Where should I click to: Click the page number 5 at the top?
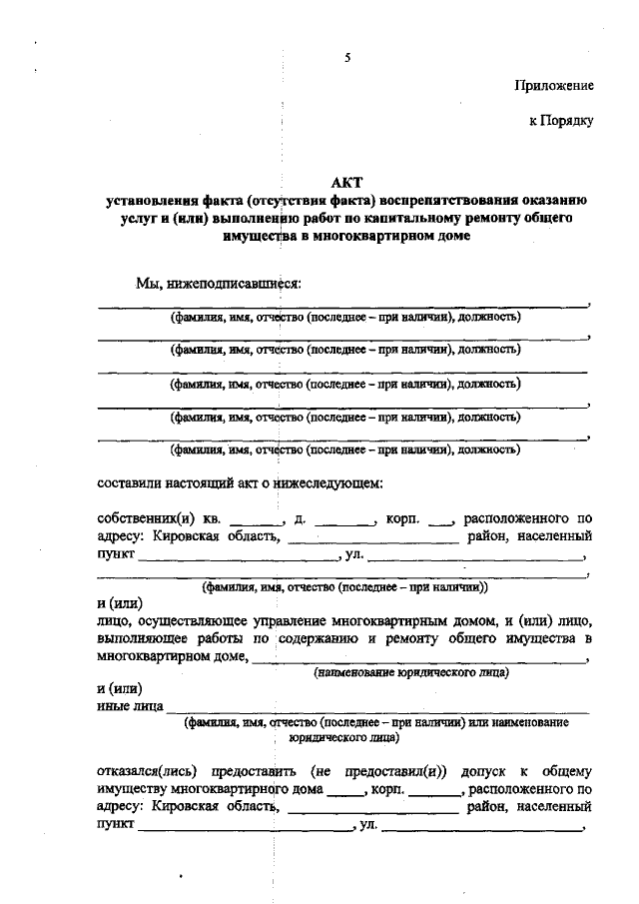pos(346,58)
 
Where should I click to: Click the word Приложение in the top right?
pos(555,87)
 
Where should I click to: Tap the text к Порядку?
pos(561,122)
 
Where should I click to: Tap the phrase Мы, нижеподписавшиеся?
pos(219,283)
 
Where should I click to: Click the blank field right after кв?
pos(252,520)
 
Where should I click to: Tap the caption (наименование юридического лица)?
pos(411,673)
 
